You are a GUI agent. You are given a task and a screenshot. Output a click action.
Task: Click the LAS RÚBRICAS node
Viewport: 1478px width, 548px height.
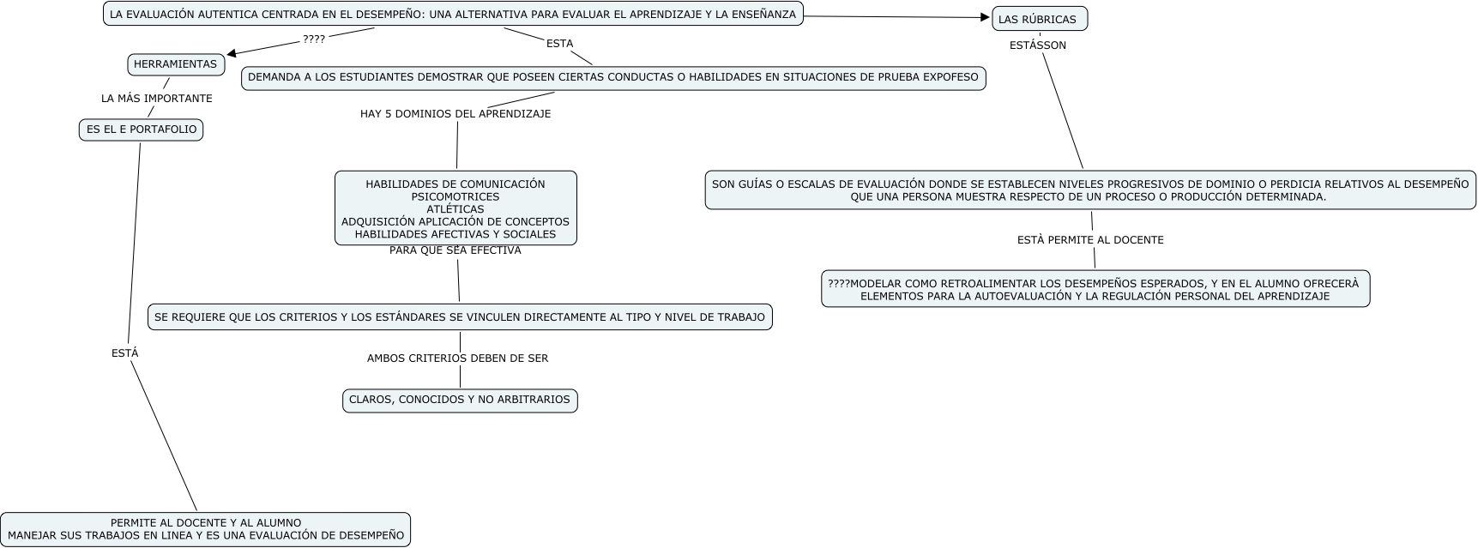1038,19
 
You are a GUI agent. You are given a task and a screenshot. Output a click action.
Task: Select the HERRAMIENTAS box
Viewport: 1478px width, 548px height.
176,64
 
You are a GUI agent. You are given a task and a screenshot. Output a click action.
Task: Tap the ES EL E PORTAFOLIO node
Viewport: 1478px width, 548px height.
141,129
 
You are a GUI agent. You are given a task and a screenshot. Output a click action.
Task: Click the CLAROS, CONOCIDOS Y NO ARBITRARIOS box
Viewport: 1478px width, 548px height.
460,400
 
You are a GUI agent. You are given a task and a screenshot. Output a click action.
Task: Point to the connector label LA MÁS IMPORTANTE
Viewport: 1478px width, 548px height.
156,99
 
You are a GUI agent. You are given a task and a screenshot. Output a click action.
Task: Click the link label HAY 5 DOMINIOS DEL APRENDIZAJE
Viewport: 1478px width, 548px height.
455,114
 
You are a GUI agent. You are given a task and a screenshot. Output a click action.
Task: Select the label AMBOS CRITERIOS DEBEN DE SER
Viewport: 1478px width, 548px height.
457,358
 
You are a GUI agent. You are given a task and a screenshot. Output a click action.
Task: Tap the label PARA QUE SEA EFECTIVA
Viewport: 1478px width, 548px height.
455,250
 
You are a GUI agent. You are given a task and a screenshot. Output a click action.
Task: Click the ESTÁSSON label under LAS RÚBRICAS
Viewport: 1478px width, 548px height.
1037,45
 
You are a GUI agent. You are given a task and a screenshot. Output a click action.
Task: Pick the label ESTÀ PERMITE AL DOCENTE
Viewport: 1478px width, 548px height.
1089,240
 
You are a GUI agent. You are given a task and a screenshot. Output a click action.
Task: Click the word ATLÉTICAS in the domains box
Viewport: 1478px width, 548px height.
455,209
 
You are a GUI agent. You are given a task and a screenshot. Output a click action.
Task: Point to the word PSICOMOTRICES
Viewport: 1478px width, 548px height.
455,196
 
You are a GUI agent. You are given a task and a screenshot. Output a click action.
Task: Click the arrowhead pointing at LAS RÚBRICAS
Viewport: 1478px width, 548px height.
986,17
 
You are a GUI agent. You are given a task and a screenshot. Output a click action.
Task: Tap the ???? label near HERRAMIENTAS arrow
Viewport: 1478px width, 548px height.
314,39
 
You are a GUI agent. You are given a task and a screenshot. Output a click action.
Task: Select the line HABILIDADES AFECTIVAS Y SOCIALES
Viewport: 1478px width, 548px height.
455,234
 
